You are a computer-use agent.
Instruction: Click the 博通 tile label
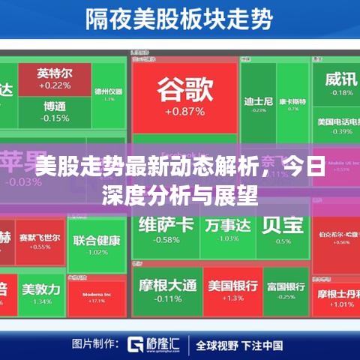55,106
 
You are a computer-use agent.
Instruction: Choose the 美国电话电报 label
340,121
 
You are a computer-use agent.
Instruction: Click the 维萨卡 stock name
166,223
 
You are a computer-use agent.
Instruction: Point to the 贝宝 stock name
282,224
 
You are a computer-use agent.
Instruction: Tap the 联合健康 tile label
97,241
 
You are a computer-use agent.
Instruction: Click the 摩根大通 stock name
166,285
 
